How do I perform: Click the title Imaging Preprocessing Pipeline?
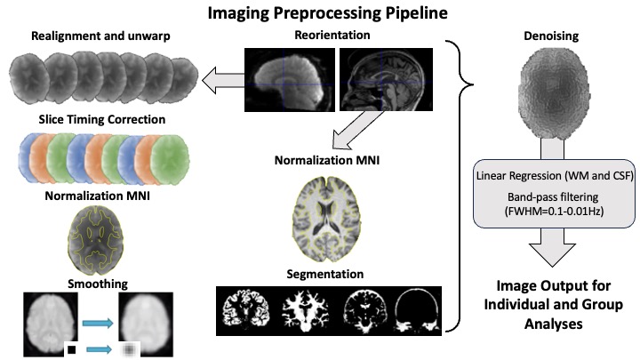pyautogui.click(x=327, y=12)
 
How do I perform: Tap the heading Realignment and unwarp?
pyautogui.click(x=100, y=36)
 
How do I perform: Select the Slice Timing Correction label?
pyautogui.click(x=102, y=119)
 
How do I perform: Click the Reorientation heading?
pyautogui.click(x=332, y=35)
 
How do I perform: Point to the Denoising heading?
pyautogui.click(x=551, y=36)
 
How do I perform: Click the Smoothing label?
pyautogui.click(x=98, y=284)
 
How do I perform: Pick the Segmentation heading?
pyautogui.click(x=325, y=274)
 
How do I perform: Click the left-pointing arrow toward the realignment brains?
pyautogui.click(x=223, y=80)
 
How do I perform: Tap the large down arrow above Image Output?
pyautogui.click(x=552, y=247)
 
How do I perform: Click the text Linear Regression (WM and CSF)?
pyautogui.click(x=555, y=176)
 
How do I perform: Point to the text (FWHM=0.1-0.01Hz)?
pyautogui.click(x=554, y=212)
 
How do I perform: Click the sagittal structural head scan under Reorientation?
pyautogui.click(x=386, y=80)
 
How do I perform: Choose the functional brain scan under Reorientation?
pyautogui.click(x=290, y=80)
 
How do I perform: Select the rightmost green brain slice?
pyautogui.click(x=170, y=160)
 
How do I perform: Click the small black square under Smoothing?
pyautogui.click(x=71, y=350)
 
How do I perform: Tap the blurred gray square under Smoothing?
pyautogui.click(x=129, y=350)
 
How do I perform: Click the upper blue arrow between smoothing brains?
pyautogui.click(x=98, y=324)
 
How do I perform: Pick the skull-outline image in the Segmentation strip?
pyautogui.click(x=416, y=310)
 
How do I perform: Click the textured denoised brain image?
pyautogui.click(x=554, y=97)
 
